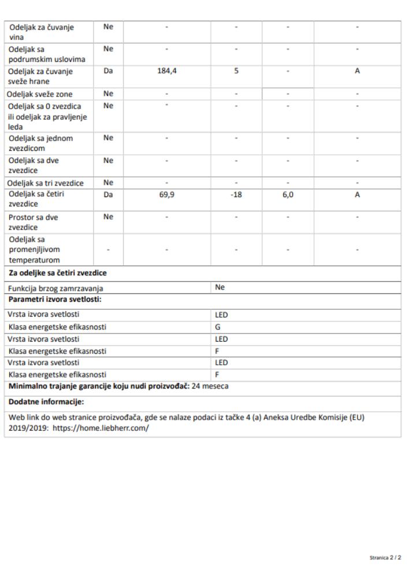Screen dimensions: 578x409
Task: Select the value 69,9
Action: [166, 195]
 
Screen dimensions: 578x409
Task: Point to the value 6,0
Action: [288, 195]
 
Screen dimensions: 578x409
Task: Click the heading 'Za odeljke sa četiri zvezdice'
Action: [57, 273]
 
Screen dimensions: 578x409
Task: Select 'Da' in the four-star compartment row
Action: [107, 195]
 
